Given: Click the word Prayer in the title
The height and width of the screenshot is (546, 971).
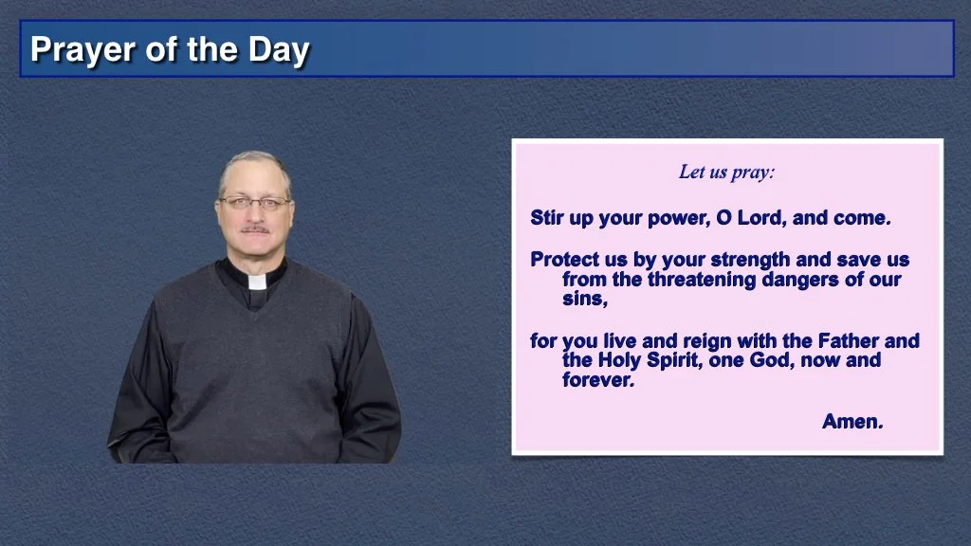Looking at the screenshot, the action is coord(82,50).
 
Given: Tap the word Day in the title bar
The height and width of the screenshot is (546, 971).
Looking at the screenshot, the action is coord(279,50).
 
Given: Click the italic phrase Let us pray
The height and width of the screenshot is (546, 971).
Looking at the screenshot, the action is coord(726,173).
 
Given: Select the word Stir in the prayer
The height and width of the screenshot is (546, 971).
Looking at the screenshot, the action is coord(547,218).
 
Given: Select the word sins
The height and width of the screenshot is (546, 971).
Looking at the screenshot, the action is coord(584,299).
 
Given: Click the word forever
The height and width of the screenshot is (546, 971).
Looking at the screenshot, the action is coord(598,380).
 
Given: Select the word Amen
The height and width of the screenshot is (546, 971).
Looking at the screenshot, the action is coord(852,422).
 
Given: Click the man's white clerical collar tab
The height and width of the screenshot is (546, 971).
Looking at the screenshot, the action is coord(257,282).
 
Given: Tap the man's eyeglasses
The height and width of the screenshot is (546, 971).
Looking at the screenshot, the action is coord(254,203).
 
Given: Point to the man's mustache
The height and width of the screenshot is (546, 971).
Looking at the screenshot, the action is coord(254,229).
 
